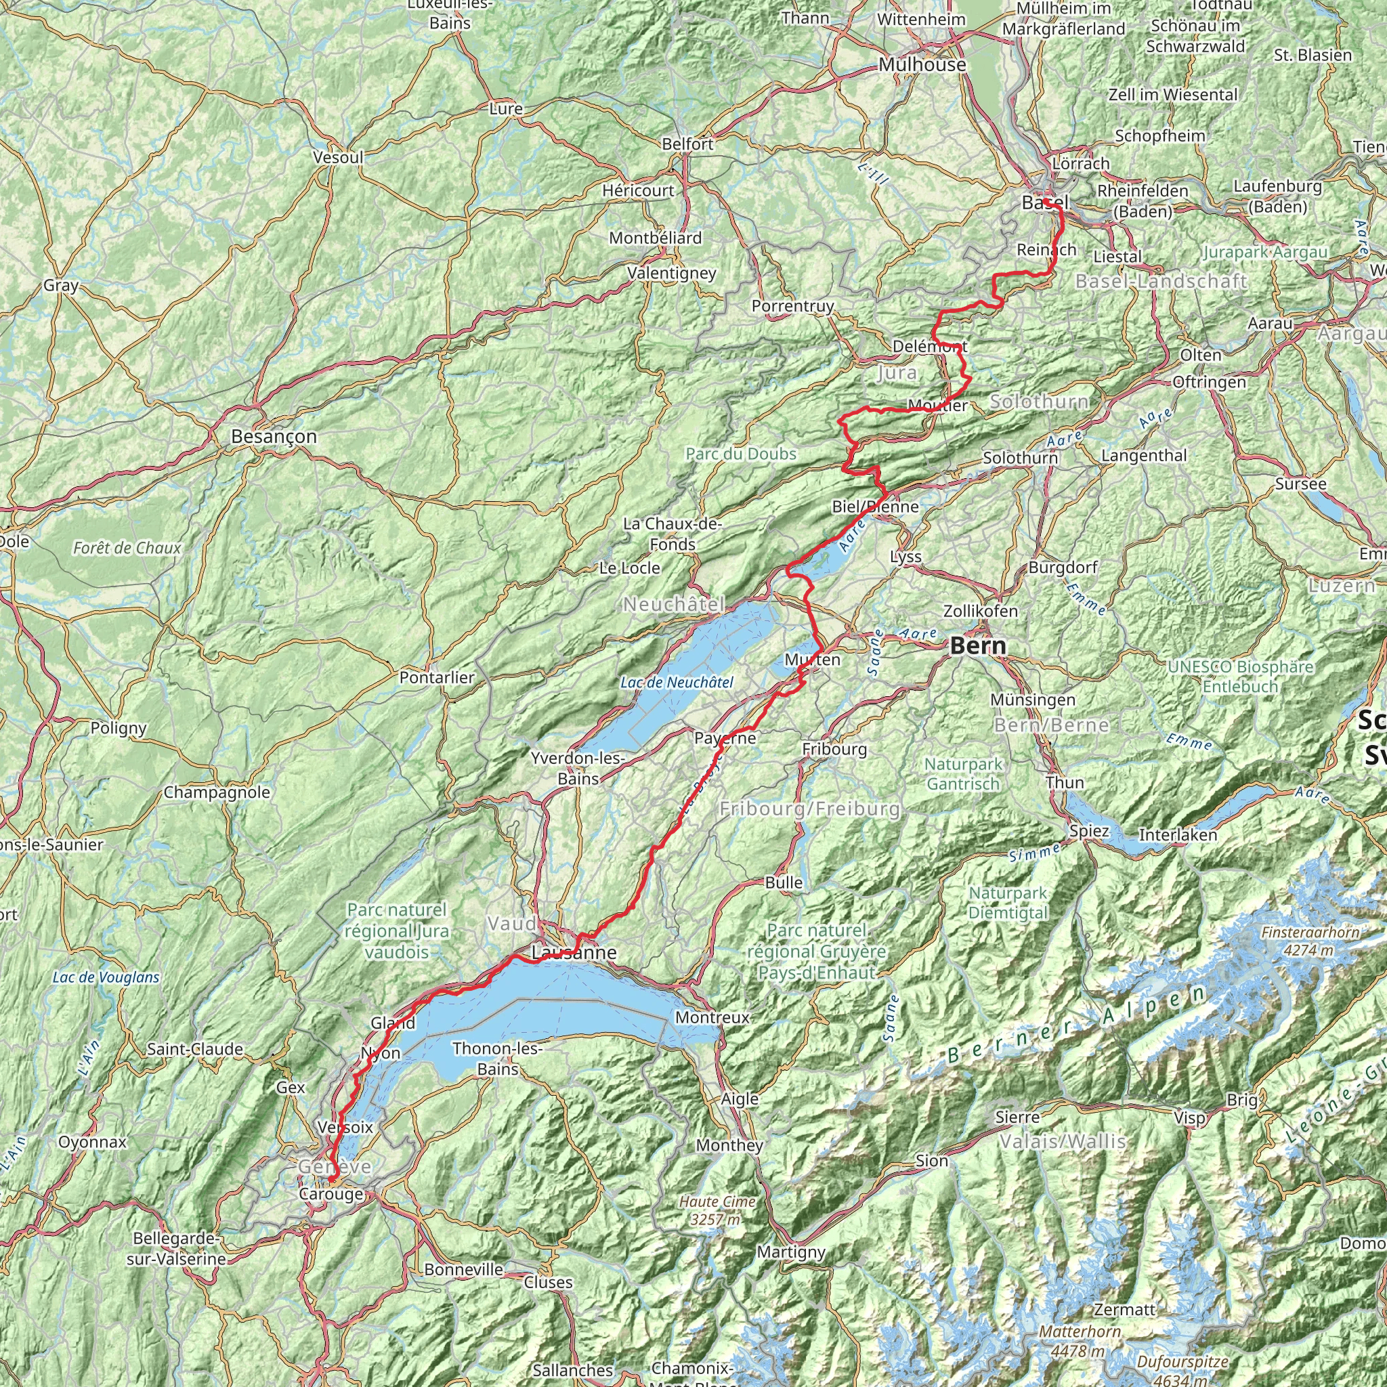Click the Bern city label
click(978, 645)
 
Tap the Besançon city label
click(274, 437)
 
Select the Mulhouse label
click(922, 64)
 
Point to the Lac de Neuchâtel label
click(677, 682)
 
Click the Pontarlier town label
click(438, 677)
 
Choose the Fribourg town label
click(834, 750)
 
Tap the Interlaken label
click(1178, 835)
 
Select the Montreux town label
click(712, 1017)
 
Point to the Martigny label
click(791, 1252)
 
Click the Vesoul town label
click(338, 157)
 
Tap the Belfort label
click(687, 144)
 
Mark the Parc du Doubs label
click(741, 454)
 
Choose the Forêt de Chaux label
click(127, 549)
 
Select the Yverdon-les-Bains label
click(578, 768)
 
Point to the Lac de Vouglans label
click(106, 977)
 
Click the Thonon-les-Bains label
click(498, 1059)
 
